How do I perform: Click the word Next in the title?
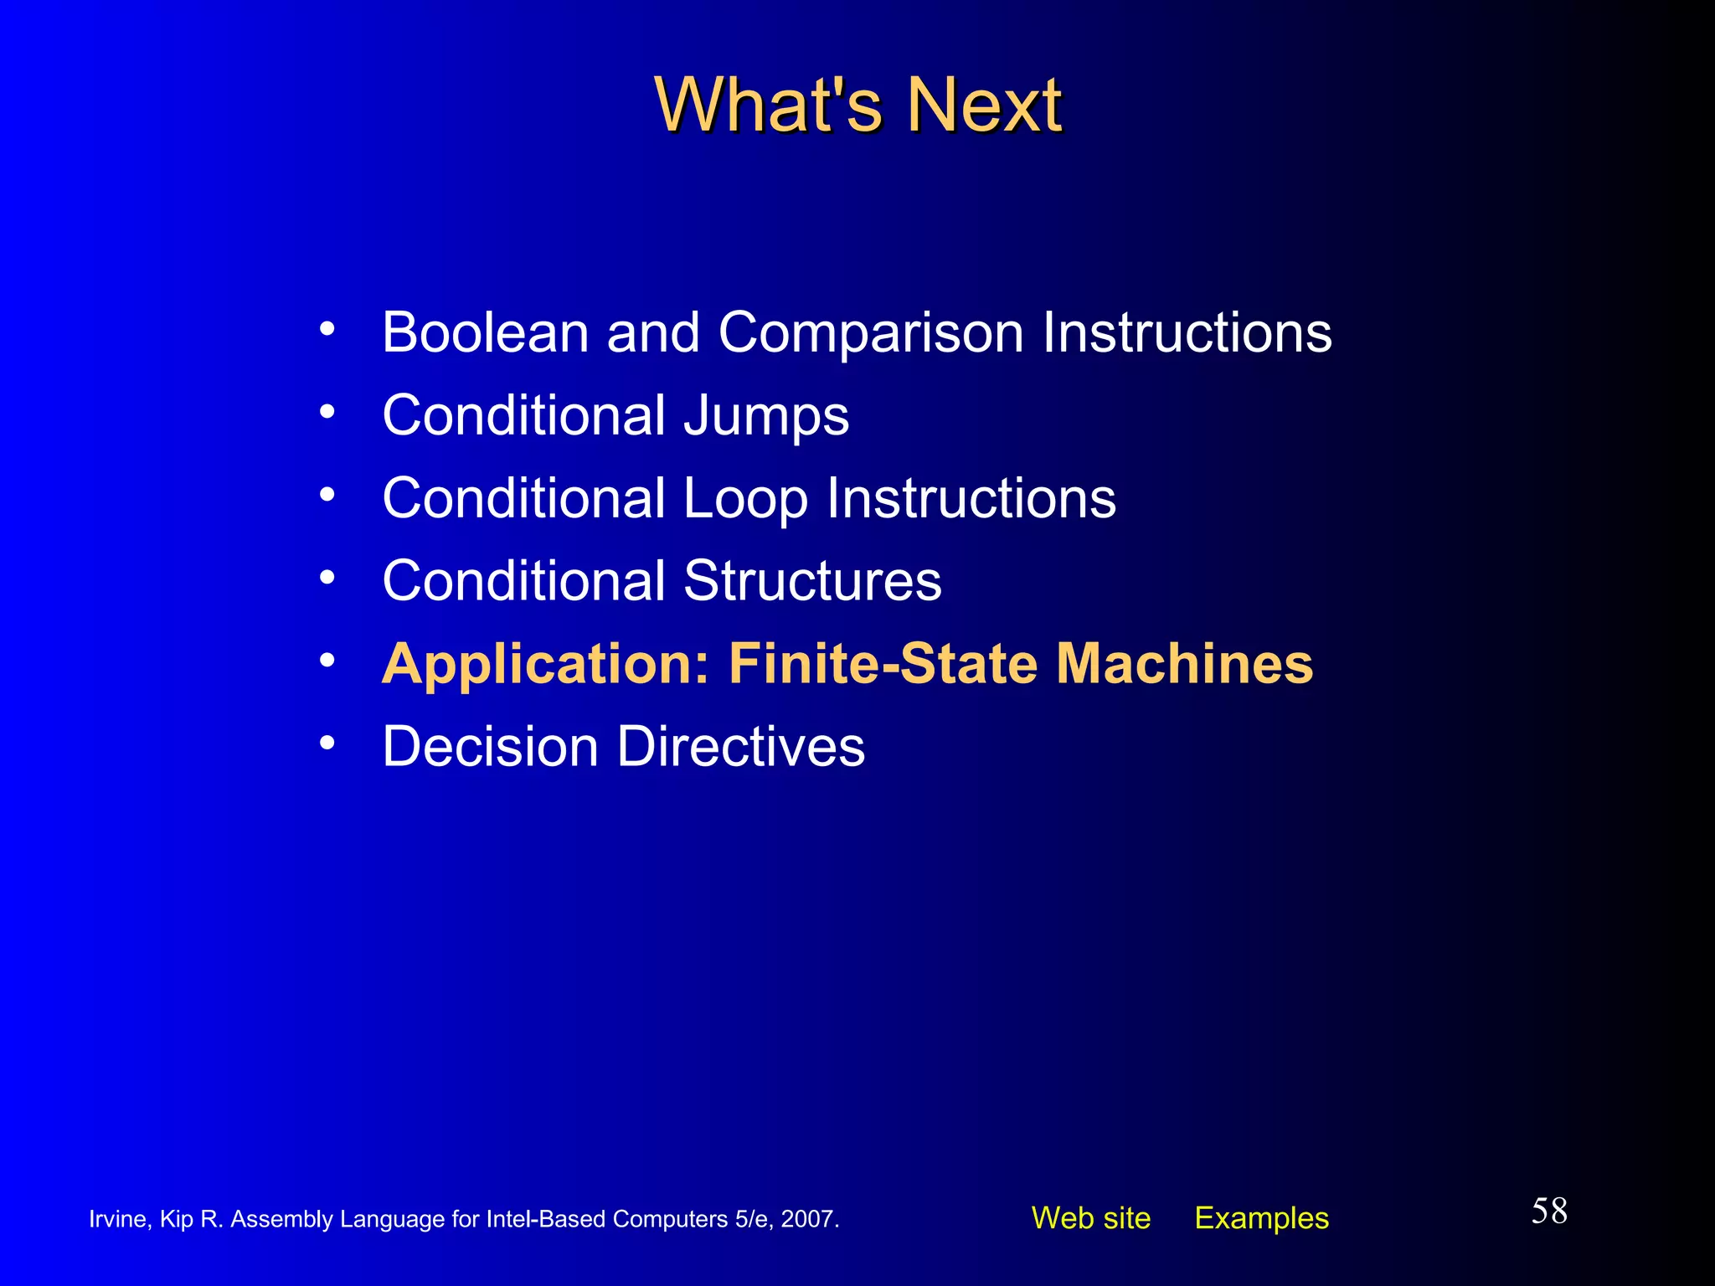pos(985,105)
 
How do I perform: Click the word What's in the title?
pos(768,105)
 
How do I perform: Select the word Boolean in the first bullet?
pos(485,332)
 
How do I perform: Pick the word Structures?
pos(812,580)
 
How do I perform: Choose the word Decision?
pos(490,746)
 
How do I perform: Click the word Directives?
pos(741,746)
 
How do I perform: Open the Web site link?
pos(1090,1218)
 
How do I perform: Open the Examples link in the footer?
pos(1261,1218)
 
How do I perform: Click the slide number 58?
pos(1549,1211)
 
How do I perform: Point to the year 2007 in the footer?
pos(807,1219)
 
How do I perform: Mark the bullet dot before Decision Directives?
pos(327,743)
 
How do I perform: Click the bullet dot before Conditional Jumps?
pos(327,411)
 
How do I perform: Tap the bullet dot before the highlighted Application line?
pos(327,661)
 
